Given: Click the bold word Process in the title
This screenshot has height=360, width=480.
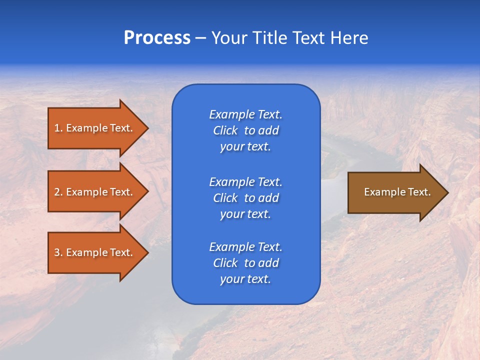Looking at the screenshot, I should coord(157,38).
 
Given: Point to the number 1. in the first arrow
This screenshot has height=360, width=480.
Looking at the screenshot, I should coord(58,128).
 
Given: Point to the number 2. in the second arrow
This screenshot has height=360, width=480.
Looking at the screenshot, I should coord(58,192).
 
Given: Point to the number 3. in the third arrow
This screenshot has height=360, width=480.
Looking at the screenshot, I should coord(58,252).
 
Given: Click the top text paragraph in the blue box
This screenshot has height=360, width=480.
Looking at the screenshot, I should coord(245,130).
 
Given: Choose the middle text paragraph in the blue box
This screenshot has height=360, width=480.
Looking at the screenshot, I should coord(245,197).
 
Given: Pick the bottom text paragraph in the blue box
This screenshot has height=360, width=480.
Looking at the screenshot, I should coord(245,263).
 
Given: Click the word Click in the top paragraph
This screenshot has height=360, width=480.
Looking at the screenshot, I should coord(225,130).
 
